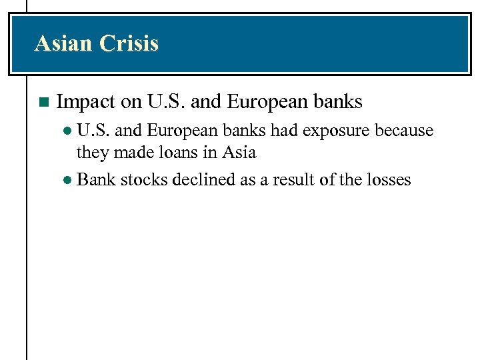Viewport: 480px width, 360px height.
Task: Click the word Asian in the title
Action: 64,44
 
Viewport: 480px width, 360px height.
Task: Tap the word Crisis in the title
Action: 129,44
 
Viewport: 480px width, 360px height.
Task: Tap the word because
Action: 404,130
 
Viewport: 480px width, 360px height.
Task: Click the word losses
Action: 388,179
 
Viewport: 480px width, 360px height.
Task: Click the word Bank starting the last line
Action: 97,179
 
